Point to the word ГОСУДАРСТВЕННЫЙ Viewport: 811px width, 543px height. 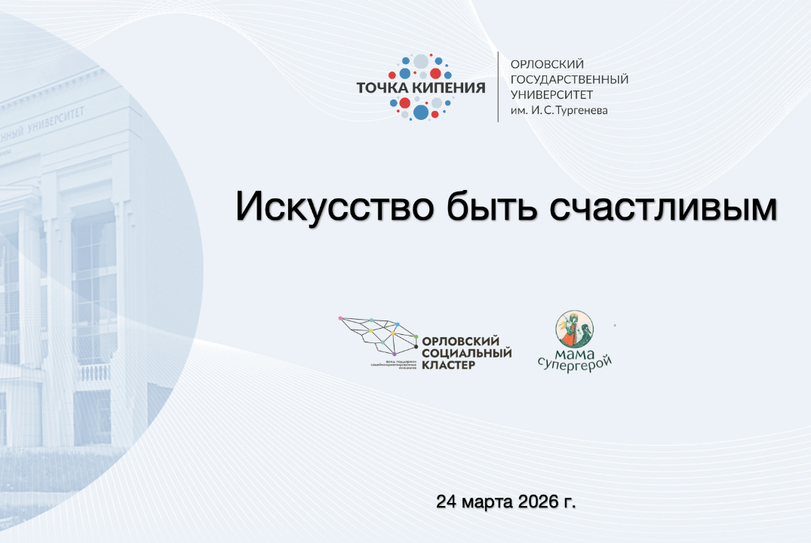coord(570,79)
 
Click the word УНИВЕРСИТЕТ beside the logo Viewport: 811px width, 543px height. coord(552,95)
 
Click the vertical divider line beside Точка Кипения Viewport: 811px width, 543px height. coord(498,87)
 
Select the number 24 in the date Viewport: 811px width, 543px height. coord(447,502)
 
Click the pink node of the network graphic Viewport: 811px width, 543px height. coord(341,318)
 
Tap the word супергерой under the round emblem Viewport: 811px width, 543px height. coord(574,363)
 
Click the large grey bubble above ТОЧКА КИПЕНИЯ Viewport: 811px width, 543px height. coord(421,61)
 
